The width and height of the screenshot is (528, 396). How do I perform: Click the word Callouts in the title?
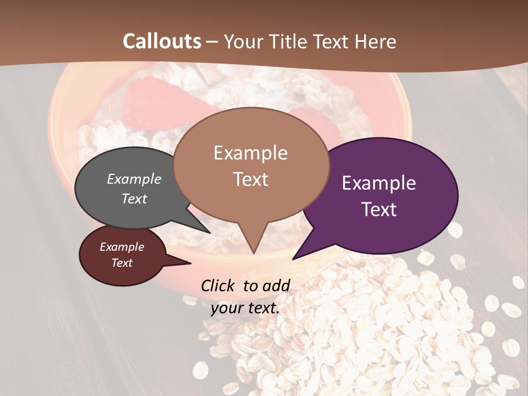[x=162, y=41]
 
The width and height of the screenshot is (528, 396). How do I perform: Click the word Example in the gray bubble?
[x=134, y=179]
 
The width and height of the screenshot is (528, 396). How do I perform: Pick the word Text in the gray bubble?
[x=134, y=199]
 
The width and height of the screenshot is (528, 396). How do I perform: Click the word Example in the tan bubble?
[x=250, y=153]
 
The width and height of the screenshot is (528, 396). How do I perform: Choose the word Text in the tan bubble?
[x=250, y=179]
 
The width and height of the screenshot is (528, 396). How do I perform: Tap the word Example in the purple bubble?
[x=379, y=183]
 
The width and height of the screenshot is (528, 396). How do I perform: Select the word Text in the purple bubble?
[x=379, y=210]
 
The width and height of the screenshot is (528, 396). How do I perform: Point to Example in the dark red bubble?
[x=122, y=247]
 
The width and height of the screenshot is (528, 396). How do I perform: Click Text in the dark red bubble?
[x=122, y=263]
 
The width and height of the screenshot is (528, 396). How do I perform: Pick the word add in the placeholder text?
[x=276, y=285]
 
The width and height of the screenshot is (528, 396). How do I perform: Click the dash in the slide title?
[x=212, y=41]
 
